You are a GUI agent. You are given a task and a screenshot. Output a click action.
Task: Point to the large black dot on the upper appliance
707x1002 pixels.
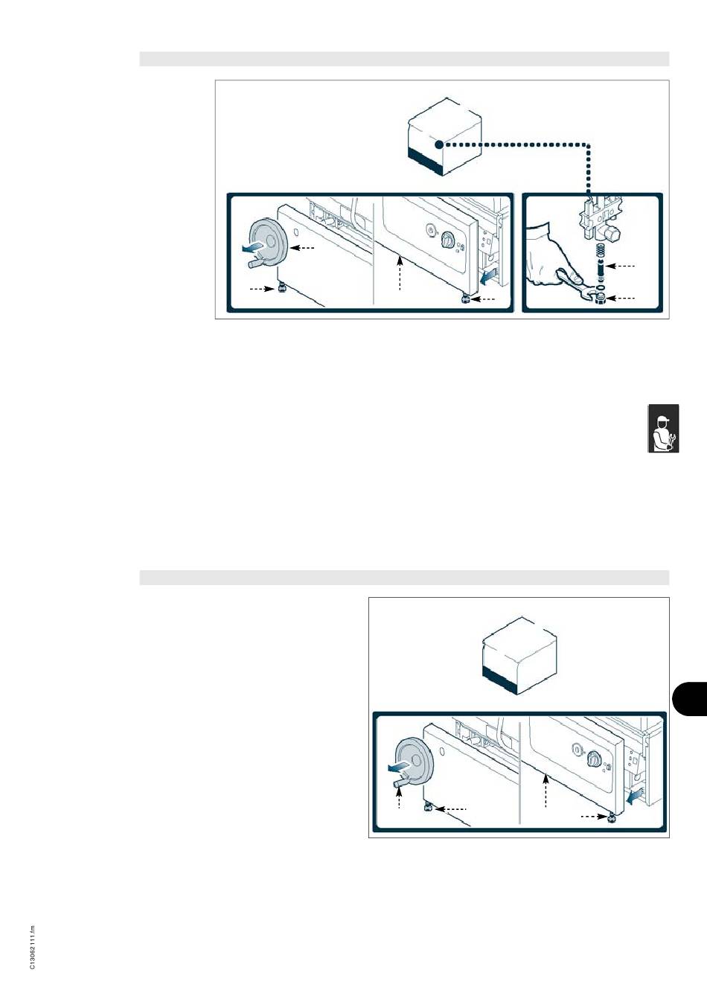coord(439,144)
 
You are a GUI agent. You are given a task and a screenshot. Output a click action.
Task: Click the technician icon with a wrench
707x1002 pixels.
coord(664,429)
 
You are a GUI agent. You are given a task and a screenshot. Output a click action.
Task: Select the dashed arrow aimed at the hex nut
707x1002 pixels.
coord(621,298)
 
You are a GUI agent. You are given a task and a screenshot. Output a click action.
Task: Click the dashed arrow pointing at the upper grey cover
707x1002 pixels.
coord(303,247)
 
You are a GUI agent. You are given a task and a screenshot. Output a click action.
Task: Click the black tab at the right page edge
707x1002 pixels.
coord(689,699)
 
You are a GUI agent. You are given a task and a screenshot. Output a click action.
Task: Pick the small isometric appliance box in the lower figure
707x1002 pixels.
coord(520,656)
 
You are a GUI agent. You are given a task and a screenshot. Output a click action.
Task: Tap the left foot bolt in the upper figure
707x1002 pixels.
coord(282,289)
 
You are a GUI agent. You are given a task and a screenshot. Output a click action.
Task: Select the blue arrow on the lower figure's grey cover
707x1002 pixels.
coord(398,768)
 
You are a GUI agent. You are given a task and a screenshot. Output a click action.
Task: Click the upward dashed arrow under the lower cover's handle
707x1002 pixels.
coord(399,798)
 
